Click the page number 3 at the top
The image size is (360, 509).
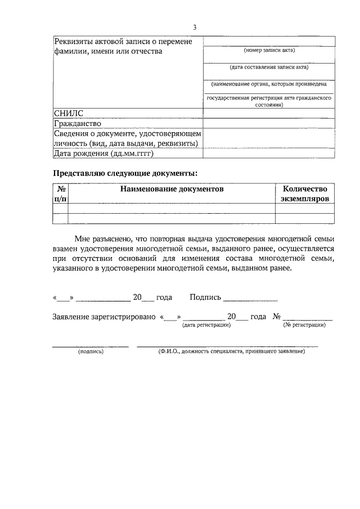[195, 27]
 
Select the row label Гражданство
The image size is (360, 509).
[77, 123]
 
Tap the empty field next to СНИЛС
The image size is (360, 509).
[269, 113]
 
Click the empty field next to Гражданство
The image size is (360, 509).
[269, 123]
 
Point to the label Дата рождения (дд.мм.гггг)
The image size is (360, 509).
[103, 153]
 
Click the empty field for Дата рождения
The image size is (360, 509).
[269, 153]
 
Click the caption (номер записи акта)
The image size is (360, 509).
[269, 51]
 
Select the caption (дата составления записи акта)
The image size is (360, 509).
[269, 67]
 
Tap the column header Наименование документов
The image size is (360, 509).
[172, 190]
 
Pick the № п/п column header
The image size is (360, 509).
[60, 194]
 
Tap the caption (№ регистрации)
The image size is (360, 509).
[304, 325]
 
